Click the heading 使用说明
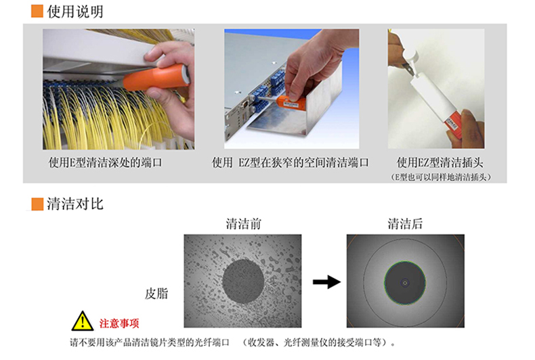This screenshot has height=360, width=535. pyautogui.click(x=75, y=12)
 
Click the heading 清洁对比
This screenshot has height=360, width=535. pyautogui.click(x=75, y=204)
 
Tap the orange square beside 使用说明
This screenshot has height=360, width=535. pyautogui.click(x=37, y=12)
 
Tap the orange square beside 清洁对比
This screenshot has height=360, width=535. pyautogui.click(x=37, y=204)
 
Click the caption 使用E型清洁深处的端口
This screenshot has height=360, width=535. pyautogui.click(x=105, y=162)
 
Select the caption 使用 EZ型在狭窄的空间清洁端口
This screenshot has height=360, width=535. pyautogui.click(x=290, y=162)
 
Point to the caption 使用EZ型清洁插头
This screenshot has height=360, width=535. pyautogui.click(x=440, y=162)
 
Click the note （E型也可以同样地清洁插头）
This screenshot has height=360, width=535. pyautogui.click(x=440, y=177)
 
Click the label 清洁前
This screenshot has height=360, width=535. pyautogui.click(x=243, y=224)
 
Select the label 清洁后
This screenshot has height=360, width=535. pyautogui.click(x=405, y=224)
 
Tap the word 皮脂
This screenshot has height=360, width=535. pyautogui.click(x=156, y=294)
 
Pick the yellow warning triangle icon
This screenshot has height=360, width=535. pyautogui.click(x=83, y=321)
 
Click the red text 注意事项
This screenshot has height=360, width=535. pyautogui.click(x=119, y=323)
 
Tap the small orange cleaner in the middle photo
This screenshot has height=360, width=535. pyautogui.click(x=291, y=103)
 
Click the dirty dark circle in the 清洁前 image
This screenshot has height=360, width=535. pyautogui.click(x=243, y=282)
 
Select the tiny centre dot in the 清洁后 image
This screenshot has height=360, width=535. pyautogui.click(x=405, y=283)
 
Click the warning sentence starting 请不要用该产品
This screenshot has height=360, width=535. pyautogui.click(x=233, y=342)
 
